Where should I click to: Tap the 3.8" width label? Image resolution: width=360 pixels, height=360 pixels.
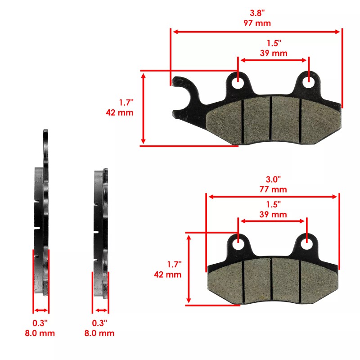click(x=257, y=13)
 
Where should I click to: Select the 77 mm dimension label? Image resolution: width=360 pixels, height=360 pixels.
click(x=273, y=189)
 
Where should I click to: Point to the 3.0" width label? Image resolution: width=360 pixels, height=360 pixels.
click(x=273, y=180)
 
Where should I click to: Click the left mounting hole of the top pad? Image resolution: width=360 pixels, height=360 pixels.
click(x=238, y=83)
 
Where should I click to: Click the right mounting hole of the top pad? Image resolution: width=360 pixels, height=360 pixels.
click(x=309, y=83)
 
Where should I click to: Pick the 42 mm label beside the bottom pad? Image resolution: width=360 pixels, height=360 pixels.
click(x=167, y=274)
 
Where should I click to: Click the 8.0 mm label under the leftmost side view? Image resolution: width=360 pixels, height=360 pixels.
click(x=41, y=333)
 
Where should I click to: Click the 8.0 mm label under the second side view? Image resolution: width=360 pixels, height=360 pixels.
click(x=100, y=333)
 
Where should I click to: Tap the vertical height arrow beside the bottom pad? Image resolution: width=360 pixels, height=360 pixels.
click(x=189, y=268)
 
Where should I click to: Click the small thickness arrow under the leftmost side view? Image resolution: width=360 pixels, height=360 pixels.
click(x=41, y=310)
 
